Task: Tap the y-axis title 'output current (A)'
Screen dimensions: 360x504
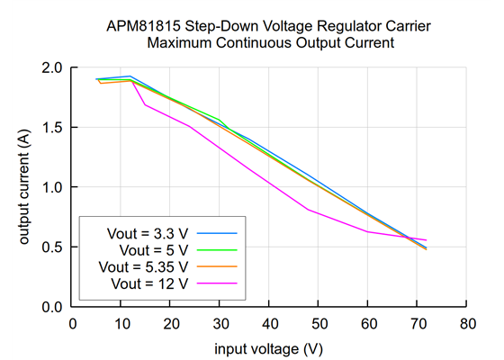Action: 25,187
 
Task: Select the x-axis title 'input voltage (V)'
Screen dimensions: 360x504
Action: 268,347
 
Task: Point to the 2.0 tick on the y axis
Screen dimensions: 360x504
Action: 52,67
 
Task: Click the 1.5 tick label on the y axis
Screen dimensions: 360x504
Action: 52,128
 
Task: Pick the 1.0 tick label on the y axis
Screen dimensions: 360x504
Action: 52,187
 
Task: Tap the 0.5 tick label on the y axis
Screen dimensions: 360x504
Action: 52,247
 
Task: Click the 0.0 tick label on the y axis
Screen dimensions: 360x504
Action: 52,307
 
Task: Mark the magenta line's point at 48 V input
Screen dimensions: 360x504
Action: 309,210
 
